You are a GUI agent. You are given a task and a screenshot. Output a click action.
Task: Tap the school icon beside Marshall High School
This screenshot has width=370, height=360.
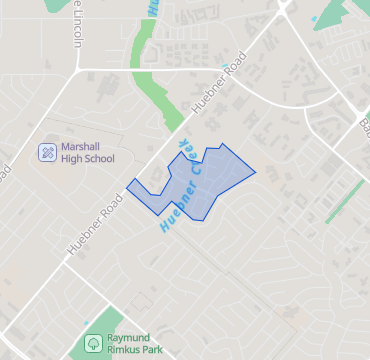pyautogui.click(x=47, y=152)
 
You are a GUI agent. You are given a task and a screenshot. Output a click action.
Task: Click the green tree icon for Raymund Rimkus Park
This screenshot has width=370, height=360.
pyautogui.click(x=93, y=342)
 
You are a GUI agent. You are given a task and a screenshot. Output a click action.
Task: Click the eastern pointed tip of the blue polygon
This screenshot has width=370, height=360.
pyautogui.click(x=255, y=172)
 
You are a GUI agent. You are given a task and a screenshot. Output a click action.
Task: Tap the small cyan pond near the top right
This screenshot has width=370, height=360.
pyautogui.click(x=315, y=18)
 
